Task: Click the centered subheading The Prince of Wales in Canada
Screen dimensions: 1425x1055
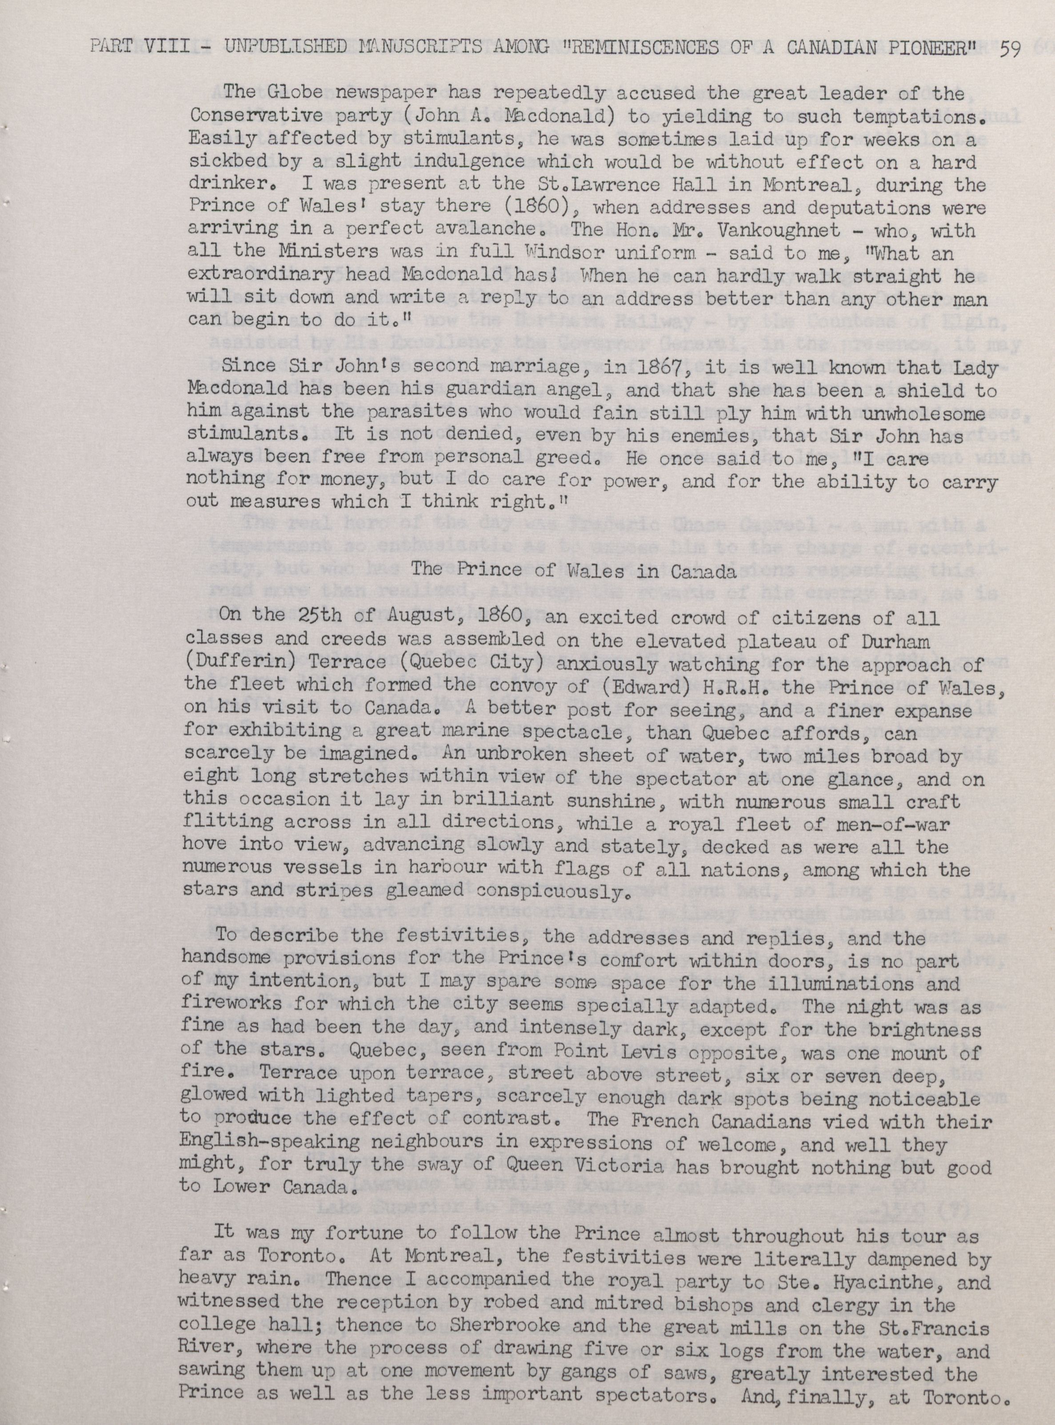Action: (572, 571)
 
